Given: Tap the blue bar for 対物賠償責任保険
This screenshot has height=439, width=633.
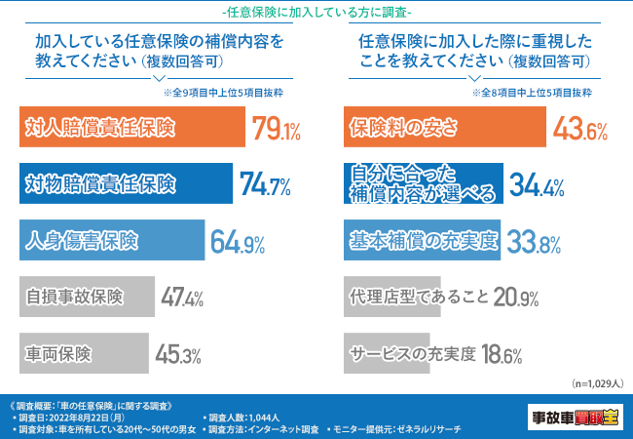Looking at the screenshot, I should [125, 184].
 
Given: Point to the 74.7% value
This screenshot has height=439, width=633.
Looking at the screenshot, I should [265, 184].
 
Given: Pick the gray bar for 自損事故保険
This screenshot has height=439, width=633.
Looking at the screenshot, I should [86, 296].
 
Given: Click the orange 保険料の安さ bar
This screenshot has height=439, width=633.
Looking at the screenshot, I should [444, 129].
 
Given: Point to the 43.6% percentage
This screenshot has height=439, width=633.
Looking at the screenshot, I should [580, 129].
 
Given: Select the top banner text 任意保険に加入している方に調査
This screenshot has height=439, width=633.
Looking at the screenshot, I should [316, 13].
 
